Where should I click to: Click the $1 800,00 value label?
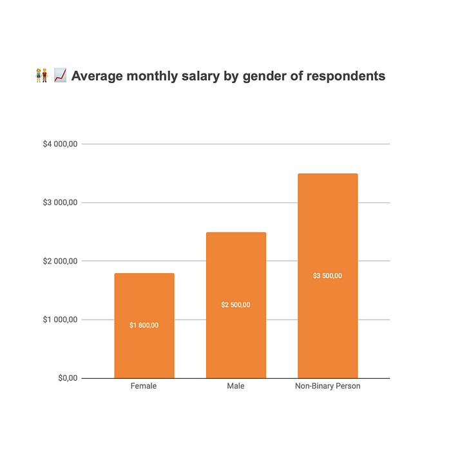click(x=144, y=325)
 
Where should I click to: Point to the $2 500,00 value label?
click(x=236, y=305)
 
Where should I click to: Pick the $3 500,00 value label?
click(x=327, y=276)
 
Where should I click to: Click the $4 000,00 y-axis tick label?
click(x=60, y=144)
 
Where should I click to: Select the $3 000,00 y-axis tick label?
click(x=60, y=203)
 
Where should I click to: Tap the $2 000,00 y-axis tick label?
click(x=60, y=261)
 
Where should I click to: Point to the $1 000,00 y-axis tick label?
click(x=60, y=320)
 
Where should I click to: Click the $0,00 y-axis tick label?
click(x=67, y=378)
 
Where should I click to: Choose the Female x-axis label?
click(x=144, y=387)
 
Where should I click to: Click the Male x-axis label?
click(x=236, y=387)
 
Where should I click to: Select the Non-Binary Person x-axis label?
click(x=327, y=387)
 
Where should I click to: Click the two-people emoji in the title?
click(x=42, y=76)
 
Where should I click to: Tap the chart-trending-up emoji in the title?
click(x=60, y=76)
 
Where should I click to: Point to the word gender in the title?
click(x=264, y=77)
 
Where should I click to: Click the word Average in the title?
click(x=98, y=77)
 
